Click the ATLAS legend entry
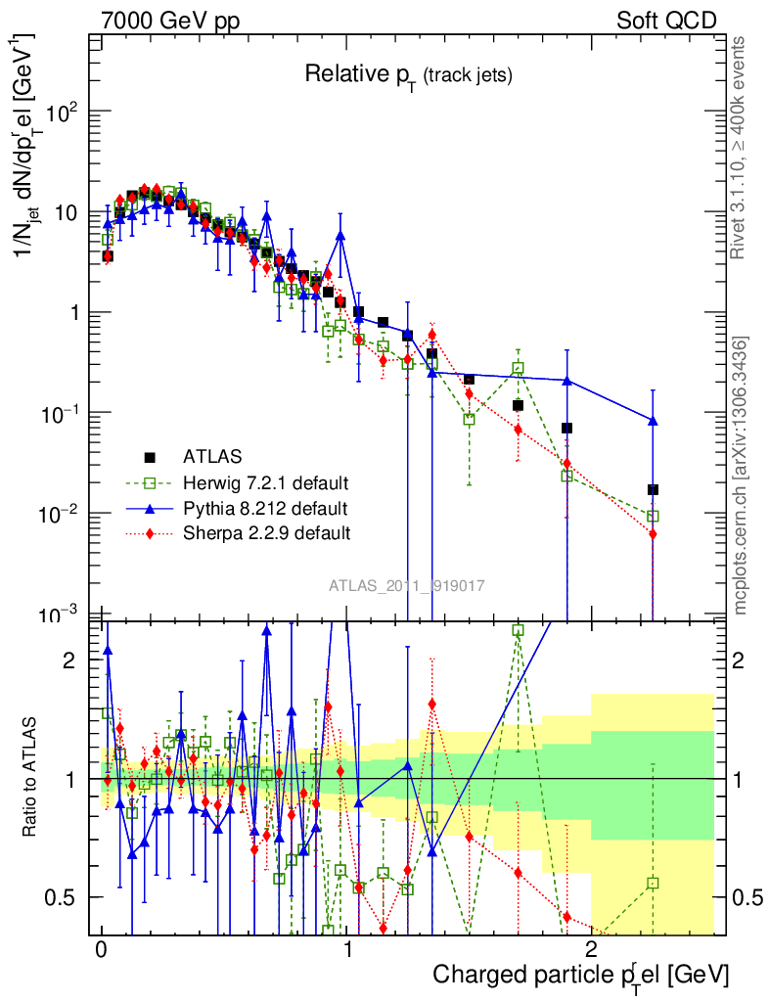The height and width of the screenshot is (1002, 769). pos(211,457)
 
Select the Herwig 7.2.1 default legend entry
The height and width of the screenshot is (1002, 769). pos(265,482)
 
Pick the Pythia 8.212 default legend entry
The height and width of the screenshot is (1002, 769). pos(264,508)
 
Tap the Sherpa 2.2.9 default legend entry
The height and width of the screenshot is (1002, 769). pos(266,533)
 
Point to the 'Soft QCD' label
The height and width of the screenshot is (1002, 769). pos(666,21)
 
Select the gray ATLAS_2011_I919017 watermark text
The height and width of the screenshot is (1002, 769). pos(407,585)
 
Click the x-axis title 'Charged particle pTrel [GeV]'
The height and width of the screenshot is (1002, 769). pos(581,975)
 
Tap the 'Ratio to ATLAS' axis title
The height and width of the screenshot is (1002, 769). pos(31,778)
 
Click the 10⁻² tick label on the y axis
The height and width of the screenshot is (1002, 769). pos(63,513)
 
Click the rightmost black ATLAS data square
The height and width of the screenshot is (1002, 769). pos(653,489)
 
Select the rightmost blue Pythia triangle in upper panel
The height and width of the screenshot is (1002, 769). pos(653,421)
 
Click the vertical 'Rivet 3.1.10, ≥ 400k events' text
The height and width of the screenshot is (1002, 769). pos(739,147)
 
